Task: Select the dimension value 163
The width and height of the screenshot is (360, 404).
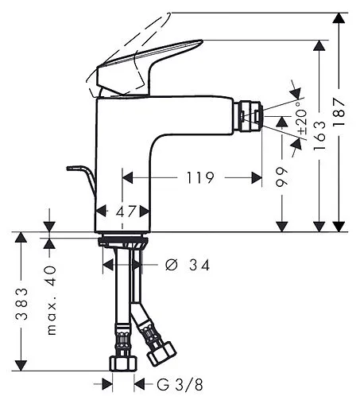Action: tap(319, 135)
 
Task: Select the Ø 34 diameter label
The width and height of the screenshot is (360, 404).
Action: tap(187, 266)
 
